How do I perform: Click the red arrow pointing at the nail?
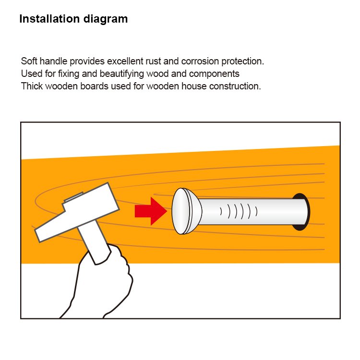151,211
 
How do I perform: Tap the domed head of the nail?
186,211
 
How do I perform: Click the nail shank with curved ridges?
252,211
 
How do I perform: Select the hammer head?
77,212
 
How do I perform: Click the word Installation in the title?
49,19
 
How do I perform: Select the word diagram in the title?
106,19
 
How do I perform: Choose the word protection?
243,62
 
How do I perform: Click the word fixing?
69,74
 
